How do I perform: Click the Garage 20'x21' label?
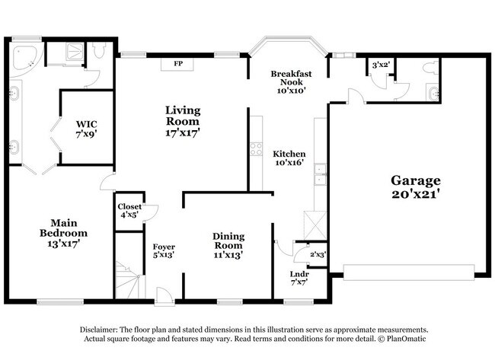tap(416, 186)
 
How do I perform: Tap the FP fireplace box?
tap(178, 63)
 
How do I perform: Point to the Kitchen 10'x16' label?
tap(289, 158)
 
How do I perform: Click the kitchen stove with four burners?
tap(256, 148)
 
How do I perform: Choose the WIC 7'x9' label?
tap(86, 129)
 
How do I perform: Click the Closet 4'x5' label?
tap(129, 210)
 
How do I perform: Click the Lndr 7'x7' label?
tap(299, 278)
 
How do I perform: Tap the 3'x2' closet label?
tap(380, 65)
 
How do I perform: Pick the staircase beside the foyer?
tap(128, 279)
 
